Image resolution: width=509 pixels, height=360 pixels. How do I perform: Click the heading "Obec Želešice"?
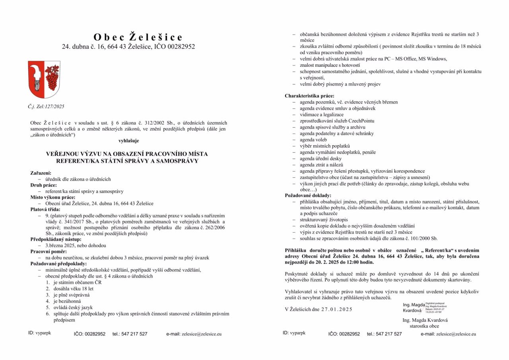138,37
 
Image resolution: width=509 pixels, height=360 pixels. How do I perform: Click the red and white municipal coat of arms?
44,79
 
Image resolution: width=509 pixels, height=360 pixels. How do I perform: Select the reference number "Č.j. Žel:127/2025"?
46,107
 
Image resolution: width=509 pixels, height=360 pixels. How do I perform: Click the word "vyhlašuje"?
128,141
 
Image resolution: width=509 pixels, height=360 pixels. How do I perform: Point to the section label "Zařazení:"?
41,173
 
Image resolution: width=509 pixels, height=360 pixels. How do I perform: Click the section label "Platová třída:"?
45,209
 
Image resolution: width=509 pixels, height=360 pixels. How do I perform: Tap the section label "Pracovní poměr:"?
49,252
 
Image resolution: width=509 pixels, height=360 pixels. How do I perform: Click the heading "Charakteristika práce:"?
309,96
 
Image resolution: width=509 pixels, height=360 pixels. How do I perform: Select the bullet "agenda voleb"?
313,140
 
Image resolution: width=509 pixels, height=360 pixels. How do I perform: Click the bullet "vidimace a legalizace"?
322,115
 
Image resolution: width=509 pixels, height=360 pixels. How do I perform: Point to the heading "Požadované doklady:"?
308,196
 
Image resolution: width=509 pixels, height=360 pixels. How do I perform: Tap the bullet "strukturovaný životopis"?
324,220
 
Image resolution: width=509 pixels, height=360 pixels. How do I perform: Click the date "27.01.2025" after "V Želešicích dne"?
336,309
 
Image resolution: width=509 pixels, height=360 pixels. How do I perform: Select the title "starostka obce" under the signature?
424,326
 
